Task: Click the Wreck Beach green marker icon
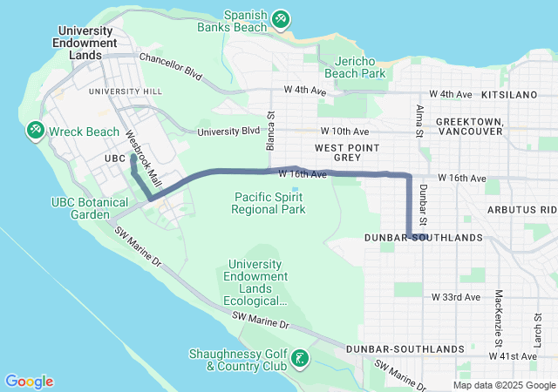[x=36, y=131]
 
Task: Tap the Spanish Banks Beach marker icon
[x=280, y=18]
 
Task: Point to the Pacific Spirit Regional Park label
[x=269, y=203]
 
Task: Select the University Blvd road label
[x=228, y=132]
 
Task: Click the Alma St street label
[x=419, y=121]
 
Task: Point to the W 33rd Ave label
[x=456, y=297]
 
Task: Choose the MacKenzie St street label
[x=499, y=308]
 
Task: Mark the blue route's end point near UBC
[x=133, y=157]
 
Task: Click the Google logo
[x=30, y=382]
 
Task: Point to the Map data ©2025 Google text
[x=503, y=386]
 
